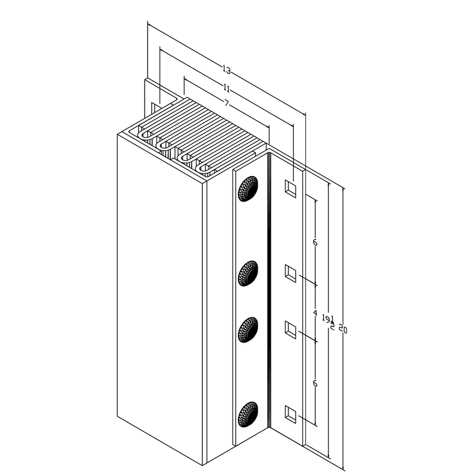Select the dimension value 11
coord(227,88)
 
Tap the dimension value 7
coord(227,104)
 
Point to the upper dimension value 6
coord(315,243)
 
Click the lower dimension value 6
coord(315,384)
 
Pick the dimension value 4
coord(315,312)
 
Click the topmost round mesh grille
coord(248,189)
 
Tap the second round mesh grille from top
coord(248,273)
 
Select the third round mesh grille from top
coord(248,330)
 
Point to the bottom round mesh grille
coord(248,414)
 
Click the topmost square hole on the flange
coord(290,188)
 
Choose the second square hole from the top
coord(290,273)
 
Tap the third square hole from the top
coord(290,329)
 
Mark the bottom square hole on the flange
coord(290,413)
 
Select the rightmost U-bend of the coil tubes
coord(206,170)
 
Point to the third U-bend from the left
coord(186,158)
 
